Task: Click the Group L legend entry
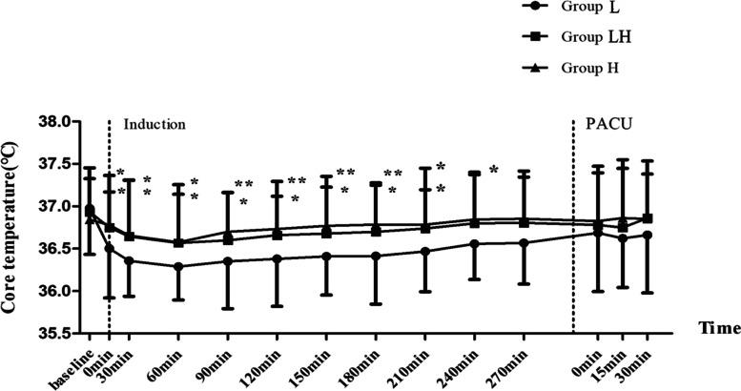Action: (597, 10)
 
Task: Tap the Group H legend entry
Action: (597, 68)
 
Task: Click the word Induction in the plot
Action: (154, 125)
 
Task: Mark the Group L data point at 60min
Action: (178, 267)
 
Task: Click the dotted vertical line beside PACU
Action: (573, 229)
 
